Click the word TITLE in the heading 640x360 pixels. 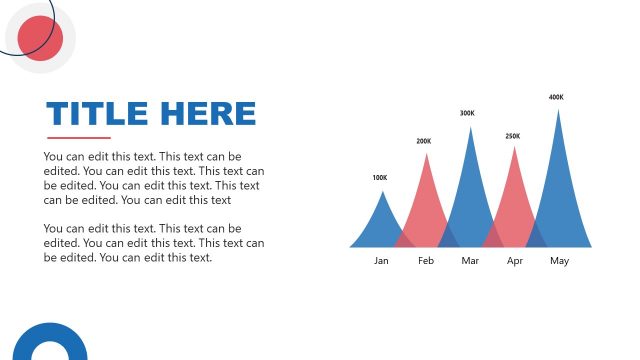[x=96, y=113]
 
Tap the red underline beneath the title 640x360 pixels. [x=79, y=138]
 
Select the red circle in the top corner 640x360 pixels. [x=41, y=38]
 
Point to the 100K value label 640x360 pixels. [x=379, y=178]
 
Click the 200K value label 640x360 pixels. [x=424, y=141]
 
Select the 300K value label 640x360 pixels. [x=467, y=113]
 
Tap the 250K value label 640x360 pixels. [x=512, y=136]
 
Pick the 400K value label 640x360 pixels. [x=556, y=97]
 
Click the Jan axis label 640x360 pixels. [x=381, y=261]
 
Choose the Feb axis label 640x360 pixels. [x=426, y=261]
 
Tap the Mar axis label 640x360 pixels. [x=470, y=261]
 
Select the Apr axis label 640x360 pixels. [x=515, y=261]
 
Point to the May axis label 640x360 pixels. [x=559, y=261]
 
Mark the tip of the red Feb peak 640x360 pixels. [x=426, y=153]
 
